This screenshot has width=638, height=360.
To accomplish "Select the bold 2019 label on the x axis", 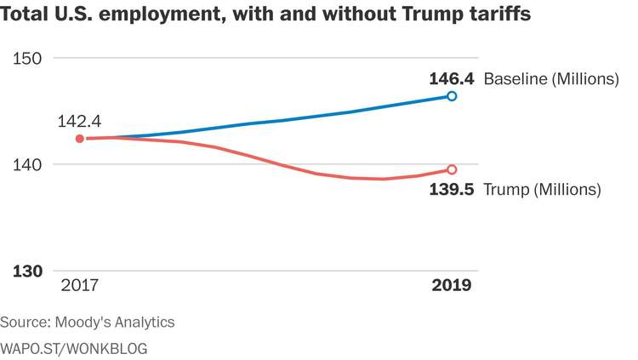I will point(451,285).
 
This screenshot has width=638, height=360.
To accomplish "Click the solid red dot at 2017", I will point(80,139).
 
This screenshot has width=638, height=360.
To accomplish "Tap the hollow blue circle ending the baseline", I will point(452,96).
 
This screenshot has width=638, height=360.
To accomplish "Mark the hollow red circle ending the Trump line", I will point(452,169).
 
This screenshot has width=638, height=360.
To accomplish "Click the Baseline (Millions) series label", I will point(550,80).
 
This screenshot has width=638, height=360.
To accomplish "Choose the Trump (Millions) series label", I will point(542,189).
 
